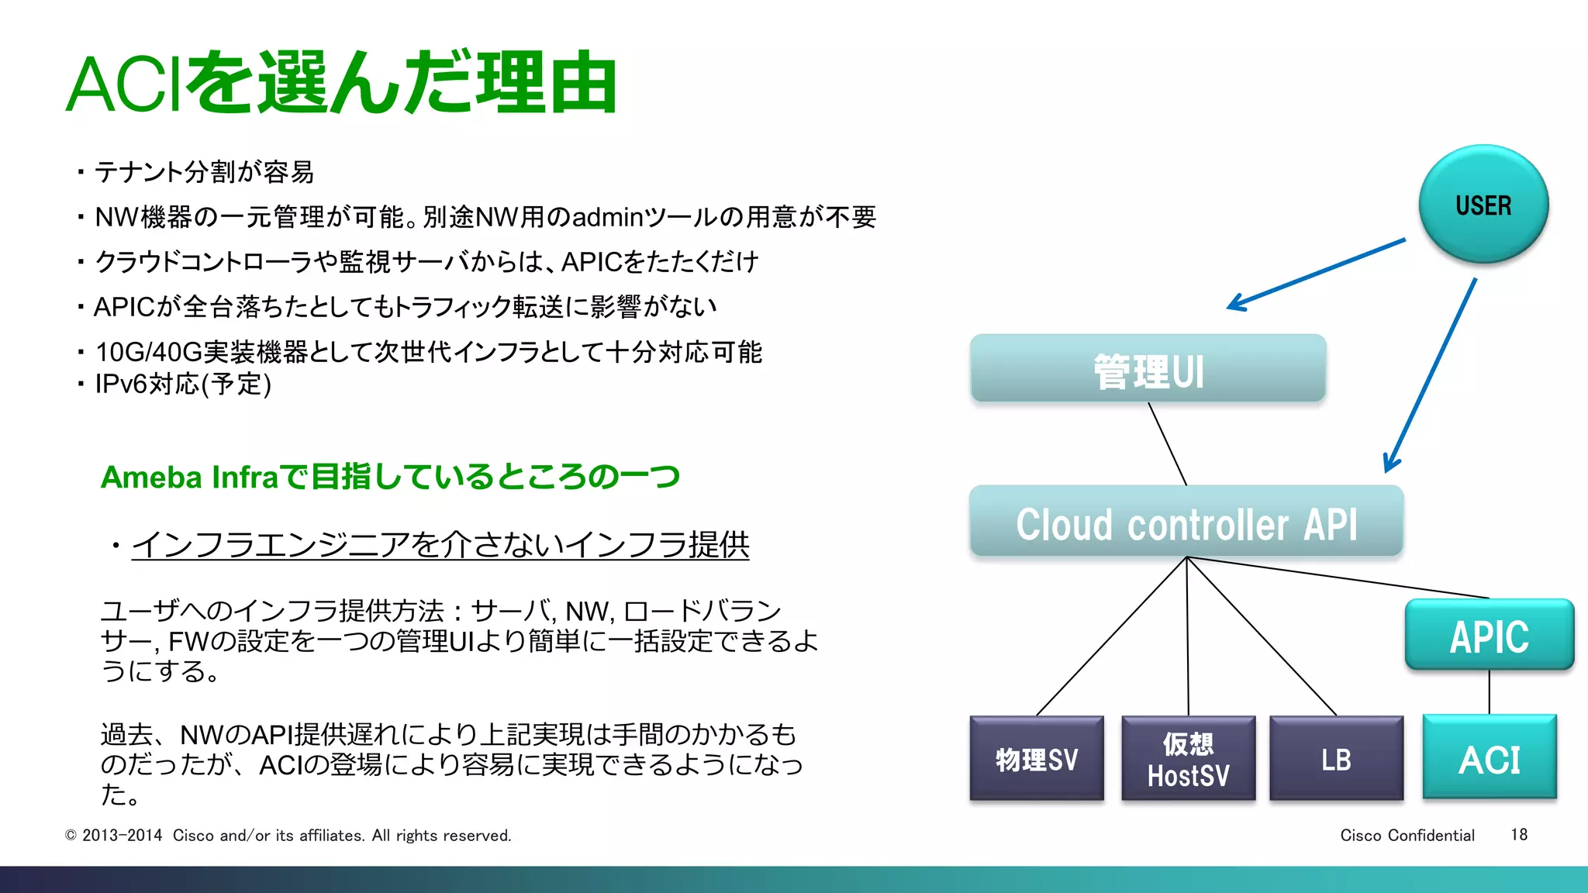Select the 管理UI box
click(1148, 369)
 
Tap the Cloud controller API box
click(1186, 522)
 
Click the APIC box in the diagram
click(1490, 635)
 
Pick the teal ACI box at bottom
click(1490, 758)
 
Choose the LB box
click(1336, 758)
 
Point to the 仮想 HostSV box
click(1188, 758)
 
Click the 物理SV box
click(1037, 758)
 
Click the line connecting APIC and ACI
click(1490, 692)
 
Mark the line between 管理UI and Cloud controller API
click(1167, 443)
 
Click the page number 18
click(1519, 835)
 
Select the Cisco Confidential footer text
click(1407, 835)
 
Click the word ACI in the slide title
click(124, 84)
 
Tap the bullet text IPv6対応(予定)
click(183, 384)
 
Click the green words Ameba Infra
click(189, 478)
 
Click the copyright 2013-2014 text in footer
click(122, 836)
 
